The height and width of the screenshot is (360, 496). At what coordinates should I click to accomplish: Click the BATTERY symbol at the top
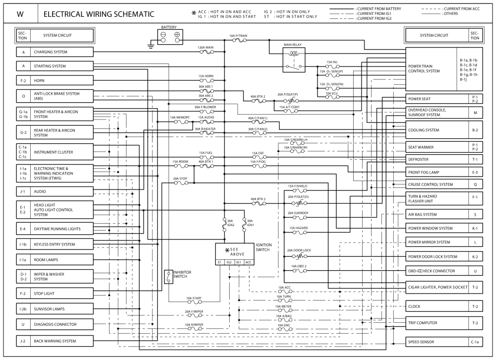tap(169, 35)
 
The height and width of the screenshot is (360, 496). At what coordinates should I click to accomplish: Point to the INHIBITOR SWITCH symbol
tap(168, 277)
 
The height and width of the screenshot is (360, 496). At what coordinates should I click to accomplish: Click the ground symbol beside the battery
tap(150, 46)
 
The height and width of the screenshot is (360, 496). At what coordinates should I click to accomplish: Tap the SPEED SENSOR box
tap(436, 342)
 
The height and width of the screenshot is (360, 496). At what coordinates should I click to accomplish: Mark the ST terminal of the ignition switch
tap(219, 262)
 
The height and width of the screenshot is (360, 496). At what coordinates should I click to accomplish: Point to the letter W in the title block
tap(20, 14)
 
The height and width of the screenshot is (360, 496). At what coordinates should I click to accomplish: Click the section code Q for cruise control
tap(475, 184)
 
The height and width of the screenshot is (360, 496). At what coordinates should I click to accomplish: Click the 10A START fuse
tap(193, 302)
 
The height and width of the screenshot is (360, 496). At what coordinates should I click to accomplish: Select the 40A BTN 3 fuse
tap(258, 203)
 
